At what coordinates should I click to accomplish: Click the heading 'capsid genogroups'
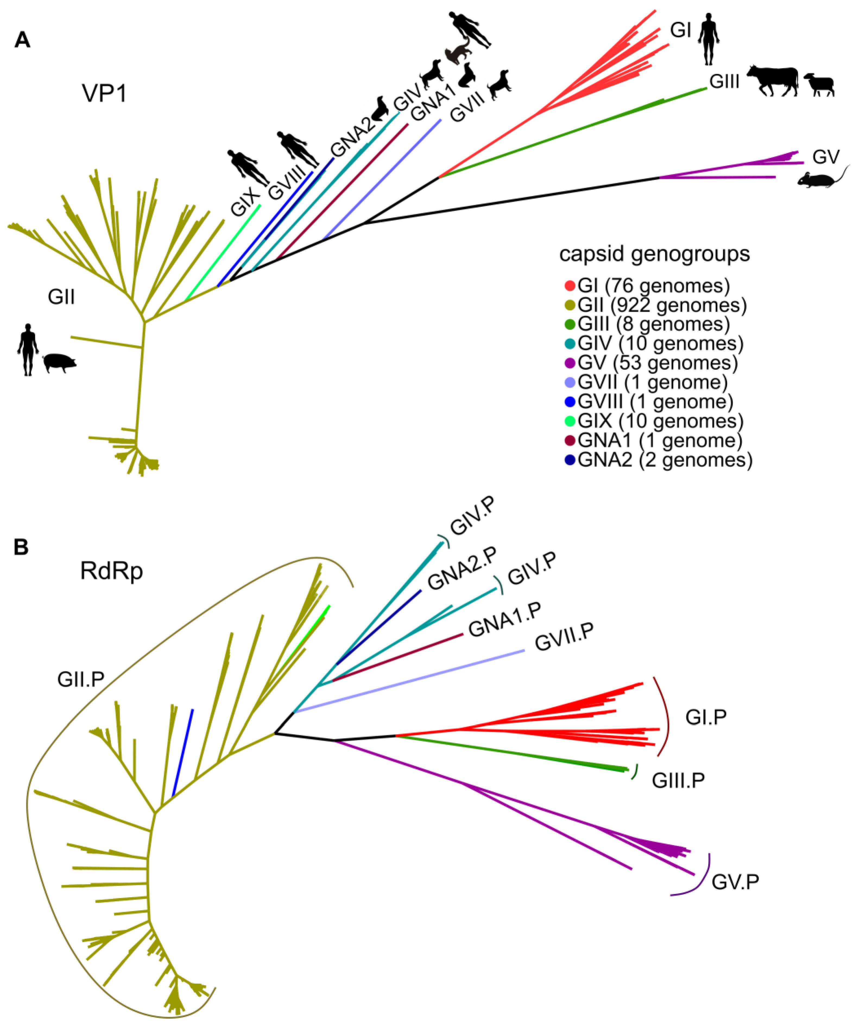[x=654, y=254]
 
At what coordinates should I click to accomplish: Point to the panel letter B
[x=21, y=547]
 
